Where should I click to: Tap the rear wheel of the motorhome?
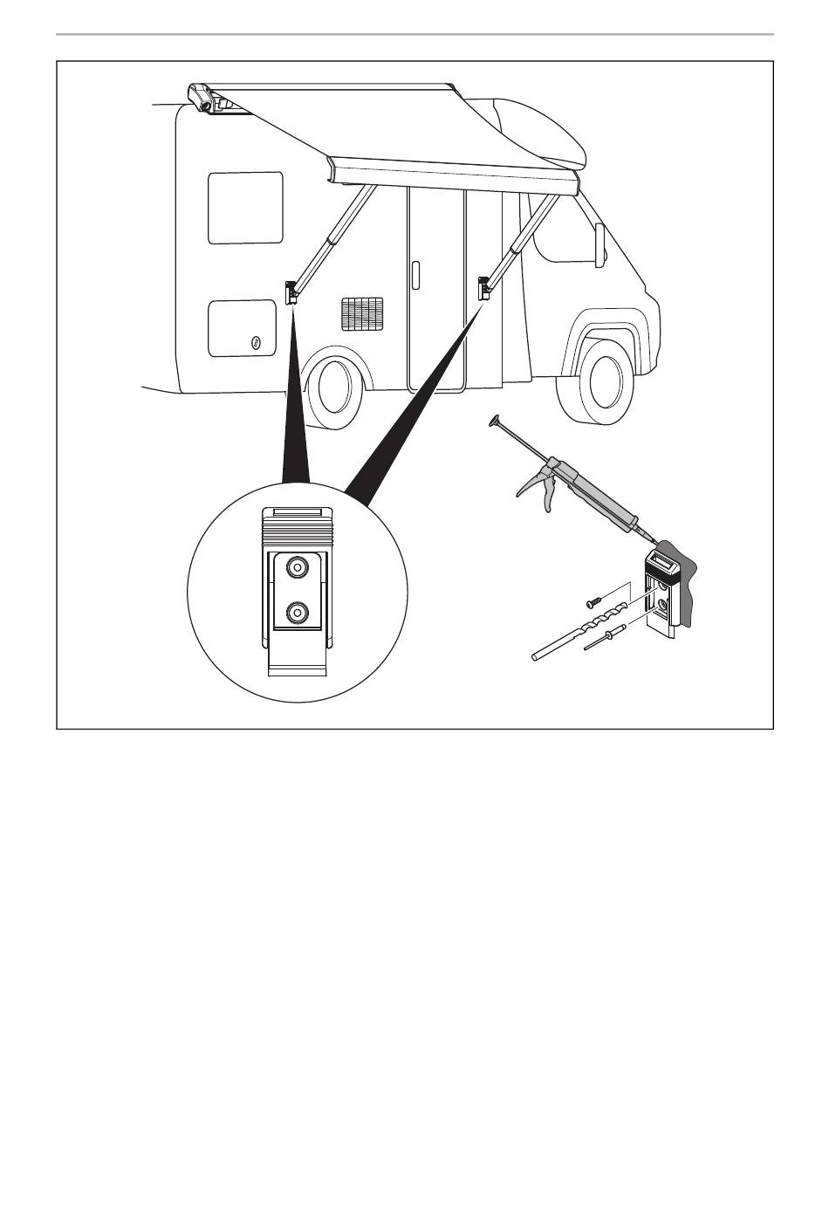click(x=334, y=387)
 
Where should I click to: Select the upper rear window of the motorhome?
click(x=245, y=208)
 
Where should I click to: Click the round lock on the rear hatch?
click(x=256, y=342)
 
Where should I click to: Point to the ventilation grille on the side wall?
click(x=361, y=313)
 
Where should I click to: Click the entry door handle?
click(x=415, y=275)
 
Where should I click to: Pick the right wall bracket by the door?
click(x=483, y=287)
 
